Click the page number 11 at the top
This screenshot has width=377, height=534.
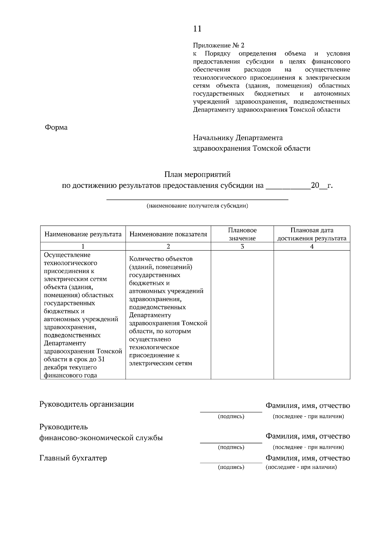[x=197, y=29]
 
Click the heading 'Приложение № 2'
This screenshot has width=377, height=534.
[x=218, y=45]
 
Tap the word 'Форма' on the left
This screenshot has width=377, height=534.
[x=56, y=128]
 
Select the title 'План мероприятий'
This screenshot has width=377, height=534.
[x=197, y=174]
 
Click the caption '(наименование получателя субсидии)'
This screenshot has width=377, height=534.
[x=197, y=206]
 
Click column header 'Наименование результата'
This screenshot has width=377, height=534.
[x=83, y=234]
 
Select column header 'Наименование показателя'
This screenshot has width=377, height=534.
[x=168, y=234]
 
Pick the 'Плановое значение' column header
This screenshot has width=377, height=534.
[x=242, y=234]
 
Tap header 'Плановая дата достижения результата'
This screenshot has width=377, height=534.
[x=312, y=234]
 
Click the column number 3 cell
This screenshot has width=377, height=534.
[x=242, y=247]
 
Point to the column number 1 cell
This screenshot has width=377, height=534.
[x=83, y=247]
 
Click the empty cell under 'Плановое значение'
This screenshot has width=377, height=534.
[x=242, y=314]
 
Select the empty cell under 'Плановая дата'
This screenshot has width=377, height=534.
[x=312, y=314]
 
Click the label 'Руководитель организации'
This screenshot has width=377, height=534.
[x=86, y=404]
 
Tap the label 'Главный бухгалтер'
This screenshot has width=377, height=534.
[x=73, y=458]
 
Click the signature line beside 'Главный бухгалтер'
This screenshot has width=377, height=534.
[x=231, y=462]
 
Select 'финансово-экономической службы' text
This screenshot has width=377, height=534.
[x=101, y=438]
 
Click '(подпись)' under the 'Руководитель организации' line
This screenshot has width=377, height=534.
[x=231, y=416]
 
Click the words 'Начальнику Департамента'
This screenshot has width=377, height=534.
[x=238, y=138]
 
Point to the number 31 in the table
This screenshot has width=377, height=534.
[x=101, y=359]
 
